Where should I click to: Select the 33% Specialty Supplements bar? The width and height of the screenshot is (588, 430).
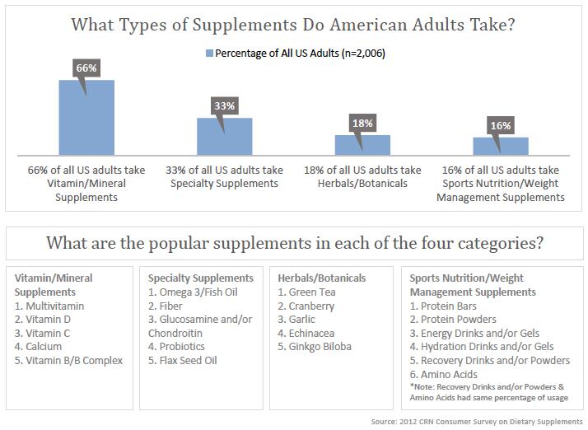tap(224, 137)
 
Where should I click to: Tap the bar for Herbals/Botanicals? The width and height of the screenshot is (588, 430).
tap(362, 146)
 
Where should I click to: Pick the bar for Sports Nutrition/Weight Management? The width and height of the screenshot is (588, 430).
tap(500, 147)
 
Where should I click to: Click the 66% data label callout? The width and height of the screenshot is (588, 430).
tap(86, 66)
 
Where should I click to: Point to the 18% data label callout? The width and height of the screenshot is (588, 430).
tap(362, 123)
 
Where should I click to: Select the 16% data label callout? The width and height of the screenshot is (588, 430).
tap(500, 124)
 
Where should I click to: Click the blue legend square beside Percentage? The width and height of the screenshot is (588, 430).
tap(209, 54)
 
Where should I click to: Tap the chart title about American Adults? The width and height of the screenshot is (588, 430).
tap(293, 25)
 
